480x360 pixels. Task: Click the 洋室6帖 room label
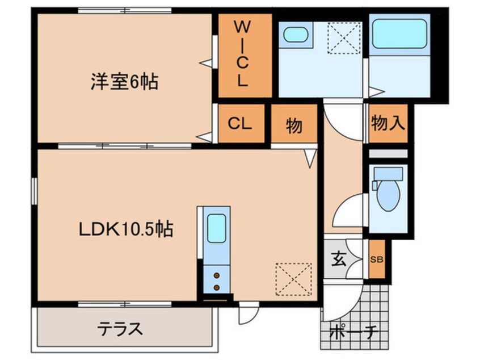124,83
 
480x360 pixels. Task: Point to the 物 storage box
294,124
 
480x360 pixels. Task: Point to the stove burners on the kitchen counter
217,281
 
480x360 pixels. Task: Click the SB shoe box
376,259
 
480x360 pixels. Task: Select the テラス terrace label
120,328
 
